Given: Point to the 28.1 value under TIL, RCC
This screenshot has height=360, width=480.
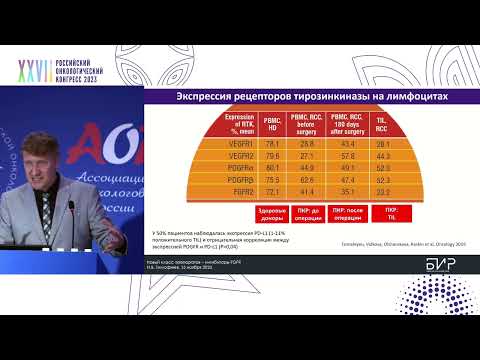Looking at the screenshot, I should point(381,145).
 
